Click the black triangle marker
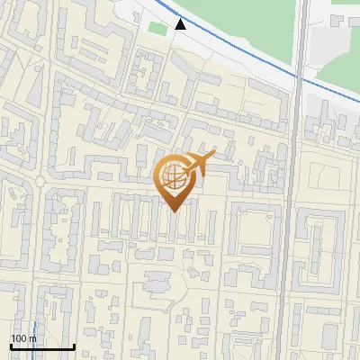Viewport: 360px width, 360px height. (x=181, y=24)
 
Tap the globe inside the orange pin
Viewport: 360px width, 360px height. (x=175, y=179)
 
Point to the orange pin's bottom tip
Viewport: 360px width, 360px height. (x=175, y=211)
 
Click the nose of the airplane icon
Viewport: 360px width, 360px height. (x=214, y=153)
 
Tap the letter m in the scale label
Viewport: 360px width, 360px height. (x=33, y=338)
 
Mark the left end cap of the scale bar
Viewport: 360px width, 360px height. (x=11, y=346)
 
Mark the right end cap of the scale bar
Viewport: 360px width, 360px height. (x=74, y=346)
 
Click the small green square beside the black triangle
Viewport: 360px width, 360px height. (x=158, y=29)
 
